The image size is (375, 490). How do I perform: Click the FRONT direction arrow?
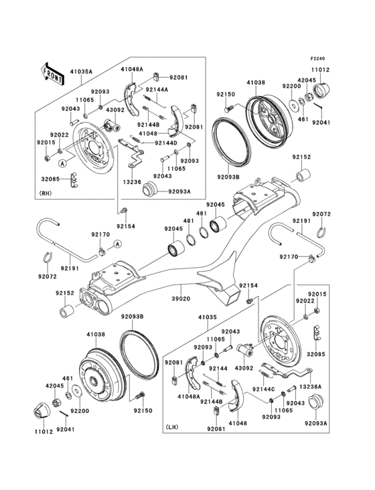coord(53,72)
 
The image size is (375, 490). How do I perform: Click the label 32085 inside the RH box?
coord(51,179)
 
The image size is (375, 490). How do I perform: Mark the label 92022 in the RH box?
coord(60,135)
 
